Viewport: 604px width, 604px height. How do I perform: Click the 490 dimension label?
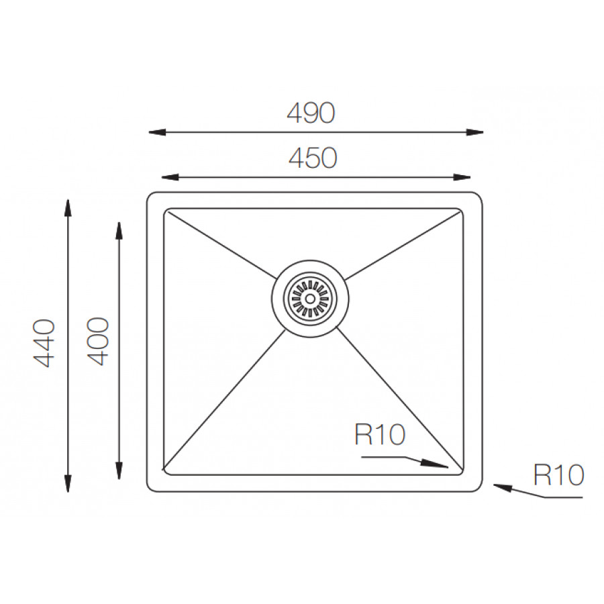tap(310, 113)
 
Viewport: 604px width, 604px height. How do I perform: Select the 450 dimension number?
tap(312, 158)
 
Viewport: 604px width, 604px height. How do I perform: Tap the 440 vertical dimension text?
tap(44, 343)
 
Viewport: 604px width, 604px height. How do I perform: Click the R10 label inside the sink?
tap(380, 436)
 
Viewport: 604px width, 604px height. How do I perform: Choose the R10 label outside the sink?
tap(559, 475)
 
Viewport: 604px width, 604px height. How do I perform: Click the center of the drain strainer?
tap(309, 296)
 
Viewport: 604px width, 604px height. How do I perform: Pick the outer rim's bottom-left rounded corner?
tap(150, 489)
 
